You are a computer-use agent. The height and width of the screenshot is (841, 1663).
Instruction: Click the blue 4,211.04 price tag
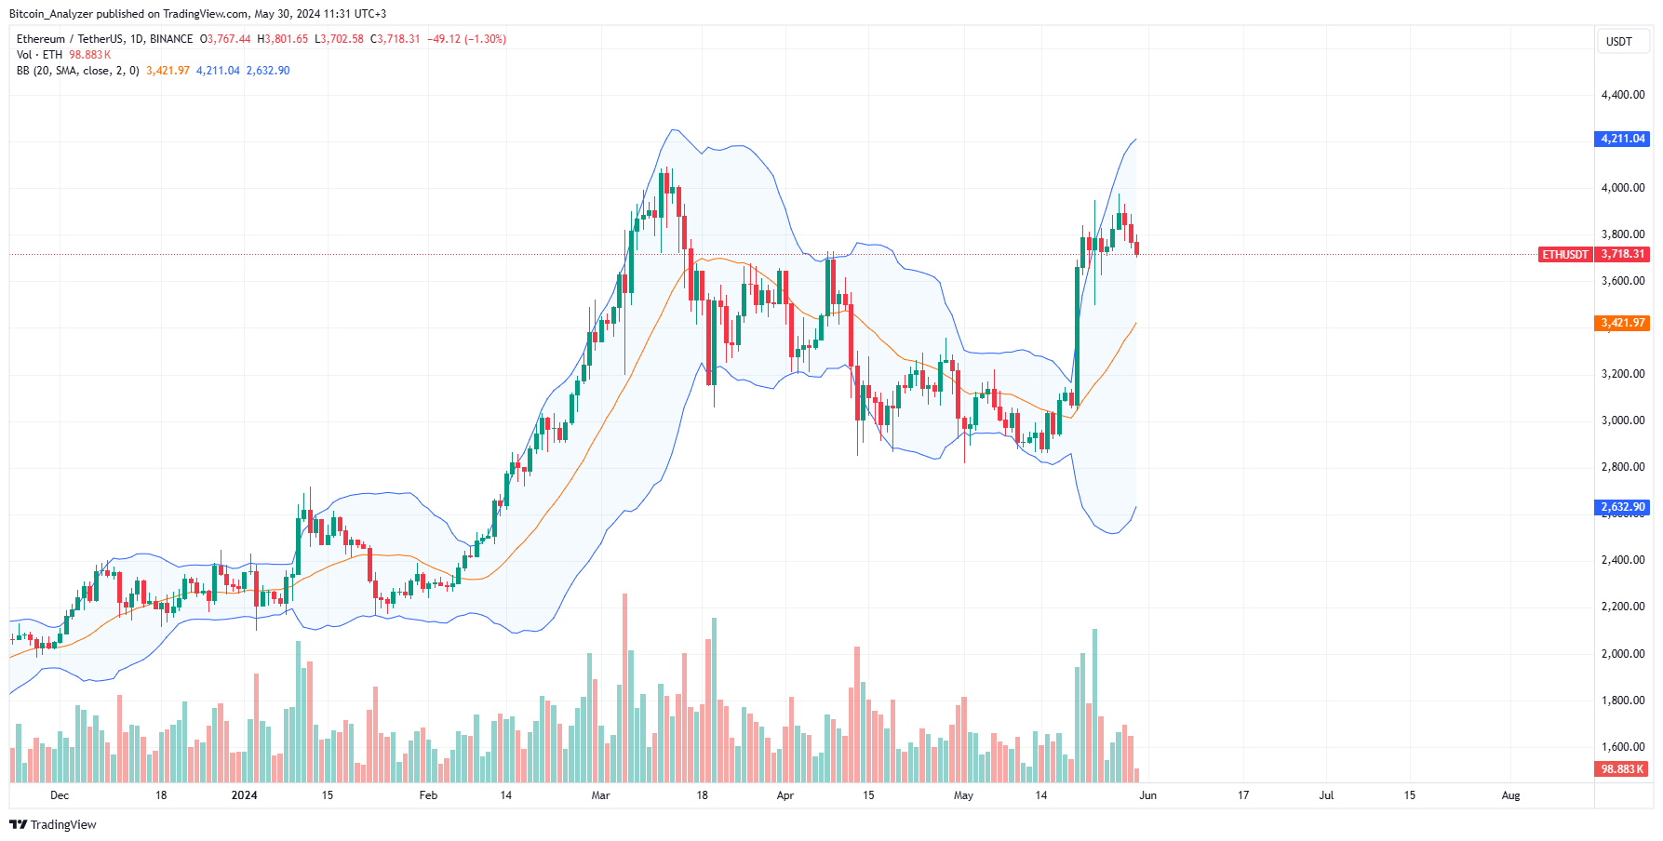[x=1623, y=139]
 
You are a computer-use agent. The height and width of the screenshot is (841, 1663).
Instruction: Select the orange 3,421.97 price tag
[x=1623, y=323]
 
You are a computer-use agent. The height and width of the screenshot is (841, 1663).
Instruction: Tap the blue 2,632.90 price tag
[x=1623, y=507]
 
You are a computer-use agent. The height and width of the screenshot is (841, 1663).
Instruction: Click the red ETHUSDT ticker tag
[x=1565, y=254]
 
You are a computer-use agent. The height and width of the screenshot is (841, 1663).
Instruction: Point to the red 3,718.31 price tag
[x=1623, y=254]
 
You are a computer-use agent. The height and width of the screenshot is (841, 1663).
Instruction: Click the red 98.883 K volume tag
[x=1623, y=769]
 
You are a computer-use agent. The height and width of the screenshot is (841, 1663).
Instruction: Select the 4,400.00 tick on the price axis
[x=1622, y=95]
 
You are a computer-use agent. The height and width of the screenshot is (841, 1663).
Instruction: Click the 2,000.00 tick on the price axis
[x=1622, y=654]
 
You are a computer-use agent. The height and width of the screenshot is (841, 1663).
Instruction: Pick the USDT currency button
[x=1619, y=42]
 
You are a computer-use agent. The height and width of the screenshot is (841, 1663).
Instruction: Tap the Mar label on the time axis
[x=600, y=795]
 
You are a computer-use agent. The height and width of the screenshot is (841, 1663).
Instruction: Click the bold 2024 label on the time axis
[x=244, y=795]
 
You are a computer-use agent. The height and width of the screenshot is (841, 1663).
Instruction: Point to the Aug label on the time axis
[x=1510, y=795]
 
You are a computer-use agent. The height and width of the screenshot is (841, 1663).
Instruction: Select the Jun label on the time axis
[x=1147, y=795]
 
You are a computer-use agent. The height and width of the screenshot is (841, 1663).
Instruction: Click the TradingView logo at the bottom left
[x=53, y=825]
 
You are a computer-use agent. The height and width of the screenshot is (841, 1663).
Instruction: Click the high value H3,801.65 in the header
[x=283, y=39]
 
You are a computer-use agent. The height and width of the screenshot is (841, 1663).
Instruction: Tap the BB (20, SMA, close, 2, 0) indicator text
[x=77, y=71]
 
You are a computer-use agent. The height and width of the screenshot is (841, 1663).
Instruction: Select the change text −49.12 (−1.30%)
[x=466, y=39]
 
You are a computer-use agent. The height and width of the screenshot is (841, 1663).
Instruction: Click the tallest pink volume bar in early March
[x=624, y=688]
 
